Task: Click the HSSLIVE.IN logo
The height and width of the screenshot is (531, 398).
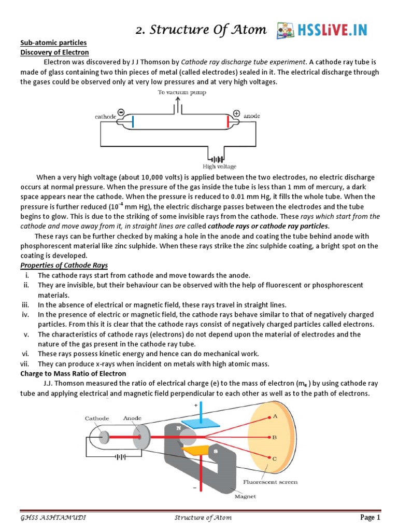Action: (322, 30)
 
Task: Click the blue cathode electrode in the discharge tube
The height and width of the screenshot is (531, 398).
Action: (133, 121)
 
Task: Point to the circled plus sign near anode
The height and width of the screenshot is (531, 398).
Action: (237, 113)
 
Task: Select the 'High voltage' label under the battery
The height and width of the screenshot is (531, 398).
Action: (219, 166)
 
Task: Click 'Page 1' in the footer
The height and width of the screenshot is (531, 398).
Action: (371, 518)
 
